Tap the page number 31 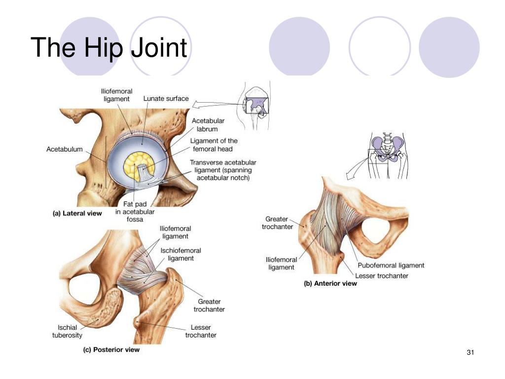470,352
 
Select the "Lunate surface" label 166,99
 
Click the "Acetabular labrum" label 208,125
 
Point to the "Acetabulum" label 65,149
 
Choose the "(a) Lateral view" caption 77,213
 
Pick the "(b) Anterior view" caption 330,284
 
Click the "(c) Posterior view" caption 111,350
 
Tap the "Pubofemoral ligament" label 391,265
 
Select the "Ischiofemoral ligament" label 180,254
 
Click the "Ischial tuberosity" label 67,331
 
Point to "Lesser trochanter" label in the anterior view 382,276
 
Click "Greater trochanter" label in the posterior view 209,305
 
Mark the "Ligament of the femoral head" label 214,145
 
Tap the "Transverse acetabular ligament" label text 223,170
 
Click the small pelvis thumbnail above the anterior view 388,155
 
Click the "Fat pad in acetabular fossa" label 135,212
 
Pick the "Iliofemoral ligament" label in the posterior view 175,232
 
